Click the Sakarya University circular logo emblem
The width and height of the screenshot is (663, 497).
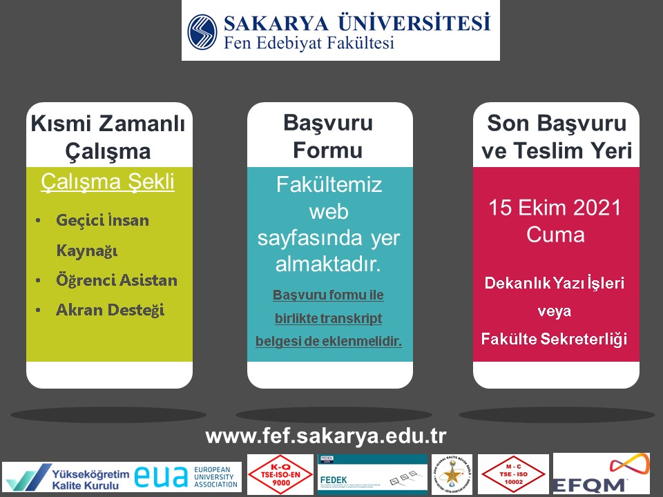pos(203,32)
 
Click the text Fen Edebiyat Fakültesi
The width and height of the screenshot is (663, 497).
pos(309,43)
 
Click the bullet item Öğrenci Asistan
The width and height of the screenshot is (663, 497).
pos(117,280)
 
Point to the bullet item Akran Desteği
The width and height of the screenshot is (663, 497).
pos(110,309)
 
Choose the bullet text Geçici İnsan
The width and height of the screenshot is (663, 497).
pos(102,221)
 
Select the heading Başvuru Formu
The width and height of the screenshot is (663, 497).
pos(328,136)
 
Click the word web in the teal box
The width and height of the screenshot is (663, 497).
pos(329,211)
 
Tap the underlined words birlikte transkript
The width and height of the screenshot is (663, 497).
pos(328,318)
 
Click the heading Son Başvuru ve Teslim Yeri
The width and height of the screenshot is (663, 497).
pos(557,137)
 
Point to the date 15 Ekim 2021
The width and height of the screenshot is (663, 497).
pos(555,208)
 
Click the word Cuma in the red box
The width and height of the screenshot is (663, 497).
pos(555,235)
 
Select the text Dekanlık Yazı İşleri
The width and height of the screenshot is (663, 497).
pos(555,283)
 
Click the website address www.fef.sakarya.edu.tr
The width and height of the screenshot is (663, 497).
pos(326,436)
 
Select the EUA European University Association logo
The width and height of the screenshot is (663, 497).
pos(187,477)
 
